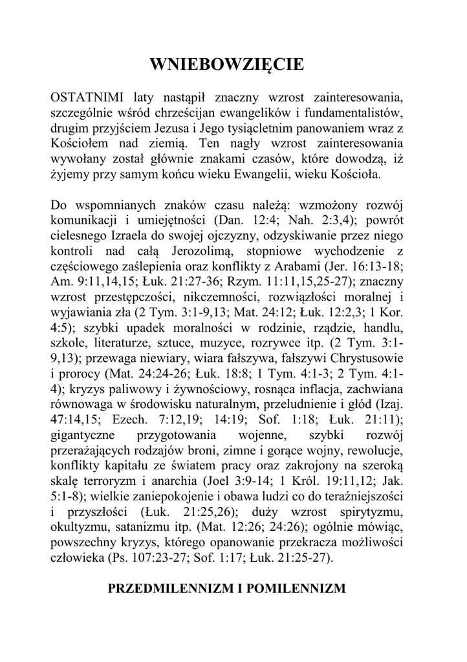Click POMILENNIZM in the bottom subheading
point(303,588)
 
